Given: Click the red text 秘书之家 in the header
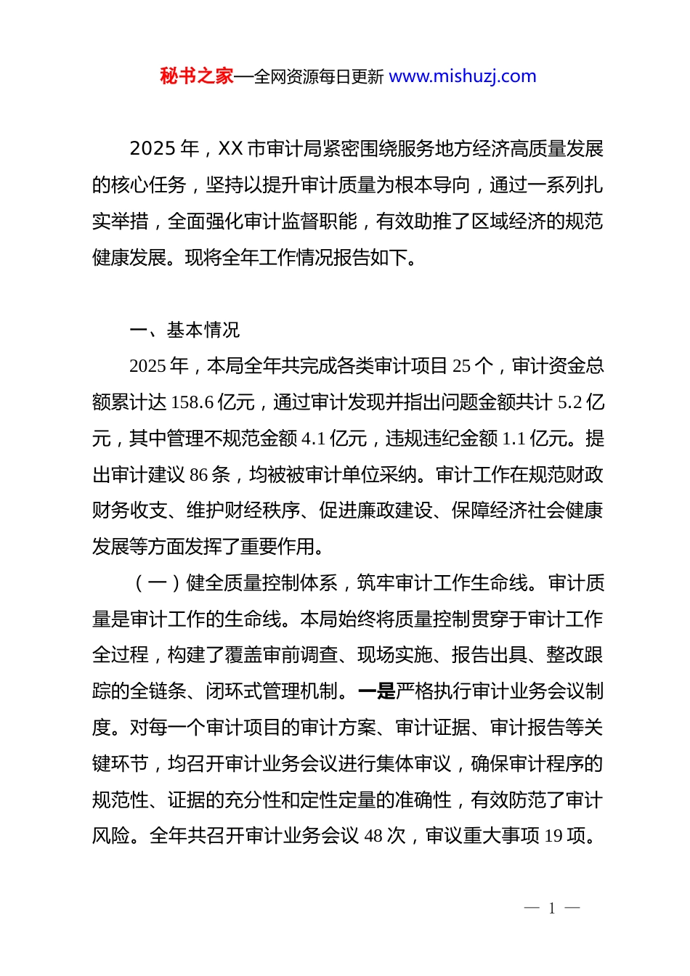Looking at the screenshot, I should point(197,76).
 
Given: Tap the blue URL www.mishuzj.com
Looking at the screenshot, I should point(463,76).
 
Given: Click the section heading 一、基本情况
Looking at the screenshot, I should point(184,330).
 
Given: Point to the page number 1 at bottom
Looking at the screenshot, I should point(552,908).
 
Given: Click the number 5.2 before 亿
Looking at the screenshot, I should point(570,402).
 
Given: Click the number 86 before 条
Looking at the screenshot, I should point(199,475).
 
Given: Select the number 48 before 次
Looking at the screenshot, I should point(373,836).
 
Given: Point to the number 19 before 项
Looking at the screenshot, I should point(553,836).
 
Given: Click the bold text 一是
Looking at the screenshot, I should point(377,691).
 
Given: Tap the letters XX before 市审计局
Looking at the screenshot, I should point(230,149).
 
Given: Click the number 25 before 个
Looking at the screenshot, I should point(462,366).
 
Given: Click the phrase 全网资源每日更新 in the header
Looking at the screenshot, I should point(319,77).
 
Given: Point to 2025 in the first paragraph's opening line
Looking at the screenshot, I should point(153,149).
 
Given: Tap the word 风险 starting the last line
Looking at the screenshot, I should point(111,836).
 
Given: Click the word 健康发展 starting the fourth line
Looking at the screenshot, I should point(130,258).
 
